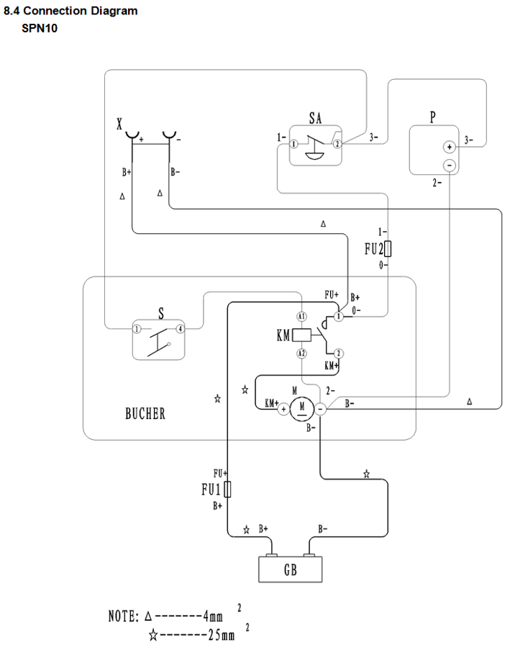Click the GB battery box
290,569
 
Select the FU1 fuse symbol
227,490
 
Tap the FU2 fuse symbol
387,249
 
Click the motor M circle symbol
302,409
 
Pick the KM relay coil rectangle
301,335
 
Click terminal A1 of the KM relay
302,317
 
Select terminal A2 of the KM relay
302,354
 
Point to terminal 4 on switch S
180,329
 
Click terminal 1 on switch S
136,329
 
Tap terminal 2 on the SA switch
337,144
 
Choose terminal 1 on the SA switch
293,144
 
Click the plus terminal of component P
450,147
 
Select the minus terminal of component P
450,166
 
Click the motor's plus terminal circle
283,410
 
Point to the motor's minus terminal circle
320,410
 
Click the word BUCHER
145,414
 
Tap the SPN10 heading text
40,29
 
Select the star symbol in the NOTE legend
152,635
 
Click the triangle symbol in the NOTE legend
148,616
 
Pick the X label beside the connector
119,124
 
